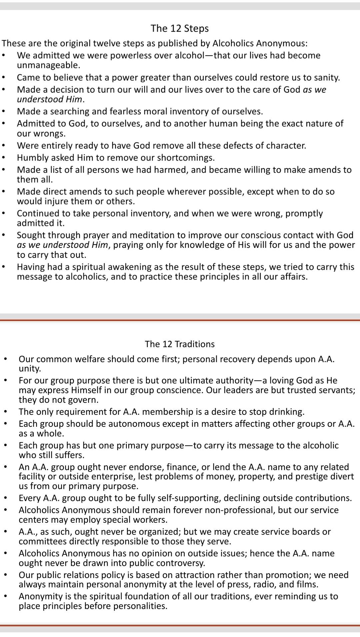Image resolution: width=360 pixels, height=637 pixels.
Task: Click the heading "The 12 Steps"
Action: point(180,28)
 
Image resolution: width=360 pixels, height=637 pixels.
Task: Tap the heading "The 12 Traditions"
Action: point(180,344)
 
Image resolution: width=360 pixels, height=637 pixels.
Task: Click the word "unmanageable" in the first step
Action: point(48,65)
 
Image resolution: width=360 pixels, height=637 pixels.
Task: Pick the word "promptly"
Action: point(304,213)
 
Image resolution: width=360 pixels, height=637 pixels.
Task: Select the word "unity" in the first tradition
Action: point(29,368)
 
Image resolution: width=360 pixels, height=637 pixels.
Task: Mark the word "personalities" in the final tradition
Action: point(140,606)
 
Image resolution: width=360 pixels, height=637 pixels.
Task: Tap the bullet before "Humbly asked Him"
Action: point(4,158)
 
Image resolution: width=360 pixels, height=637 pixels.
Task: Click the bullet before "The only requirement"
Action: point(6,412)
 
